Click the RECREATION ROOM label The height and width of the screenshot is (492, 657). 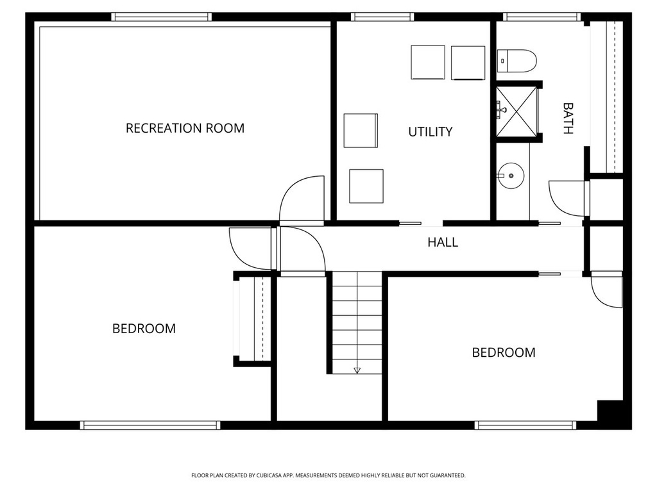[x=185, y=128]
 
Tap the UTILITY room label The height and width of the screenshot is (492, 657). [x=431, y=132]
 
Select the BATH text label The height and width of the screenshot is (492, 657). [x=567, y=119]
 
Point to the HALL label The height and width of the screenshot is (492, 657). [x=443, y=243]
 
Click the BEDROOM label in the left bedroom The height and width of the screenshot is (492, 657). [x=144, y=329]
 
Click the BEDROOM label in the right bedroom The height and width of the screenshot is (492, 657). [x=504, y=352]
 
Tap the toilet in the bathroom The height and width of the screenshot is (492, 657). [x=517, y=61]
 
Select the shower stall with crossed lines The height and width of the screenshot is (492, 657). [x=518, y=113]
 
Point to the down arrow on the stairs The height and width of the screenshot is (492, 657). [x=357, y=370]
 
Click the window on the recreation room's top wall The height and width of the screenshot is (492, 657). [x=162, y=17]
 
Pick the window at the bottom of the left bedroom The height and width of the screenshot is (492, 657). [x=151, y=425]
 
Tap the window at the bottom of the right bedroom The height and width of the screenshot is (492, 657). [x=525, y=425]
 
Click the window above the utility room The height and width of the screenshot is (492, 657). [x=382, y=17]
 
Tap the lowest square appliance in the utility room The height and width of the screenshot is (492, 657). [x=366, y=186]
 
